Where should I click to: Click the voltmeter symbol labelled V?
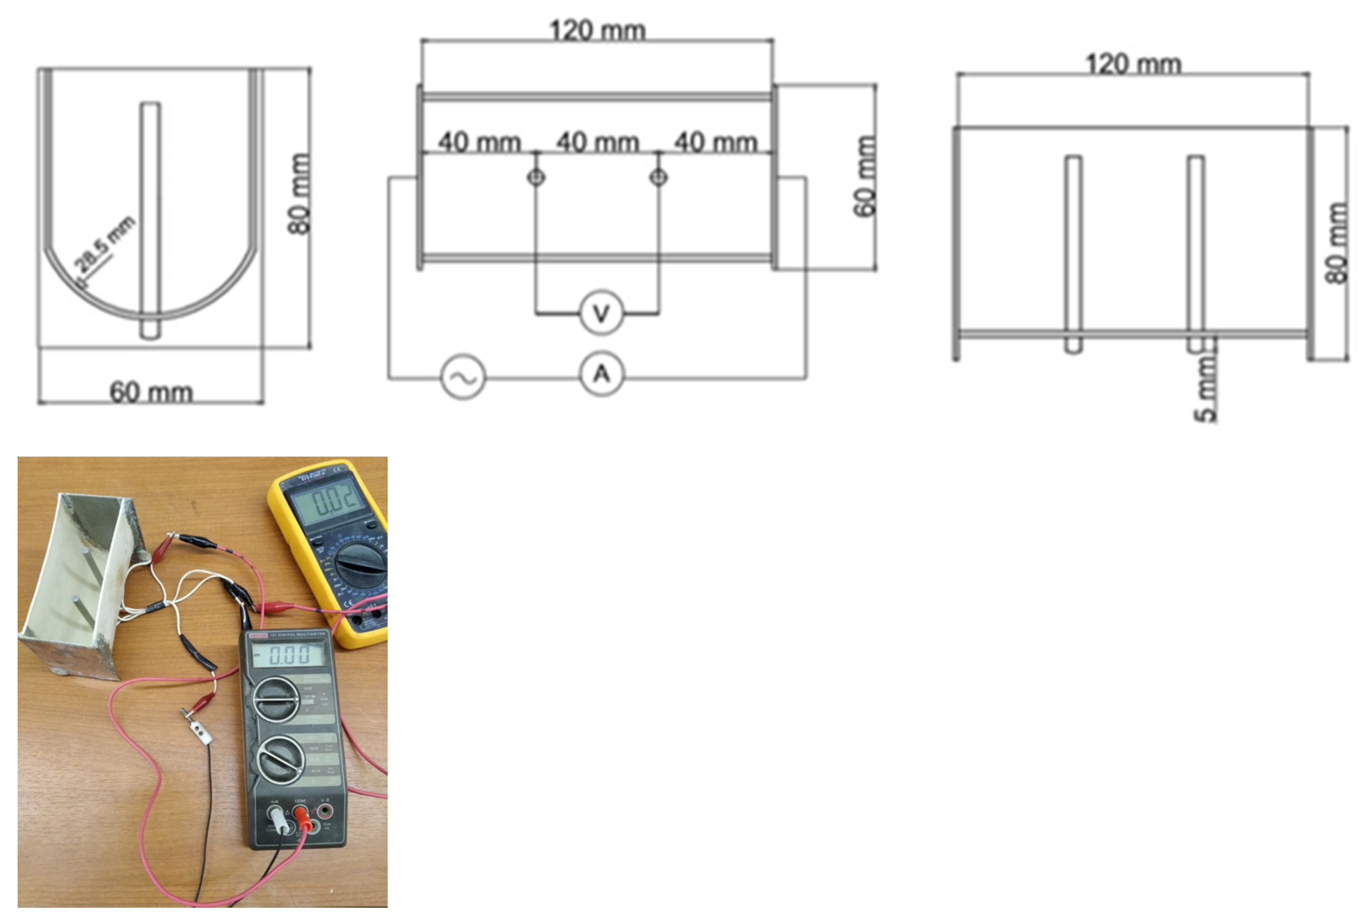[600, 313]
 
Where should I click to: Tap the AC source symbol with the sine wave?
[463, 377]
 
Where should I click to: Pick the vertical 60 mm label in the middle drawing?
[865, 176]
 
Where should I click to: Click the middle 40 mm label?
[597, 142]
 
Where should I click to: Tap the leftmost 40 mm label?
[479, 142]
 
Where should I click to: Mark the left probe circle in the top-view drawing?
[535, 176]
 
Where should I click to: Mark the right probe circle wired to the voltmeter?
[659, 176]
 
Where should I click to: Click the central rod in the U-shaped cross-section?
[150, 221]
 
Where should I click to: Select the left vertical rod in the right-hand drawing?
[1073, 253]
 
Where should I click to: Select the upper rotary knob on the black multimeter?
[276, 699]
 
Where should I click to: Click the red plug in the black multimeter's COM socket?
[302, 816]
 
